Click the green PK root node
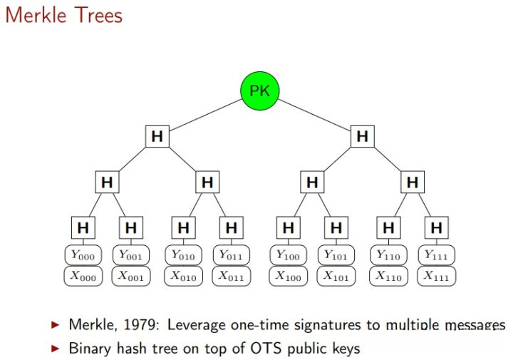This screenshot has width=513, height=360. [259, 91]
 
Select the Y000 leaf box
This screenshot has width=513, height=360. [84, 255]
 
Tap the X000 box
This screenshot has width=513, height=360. [84, 276]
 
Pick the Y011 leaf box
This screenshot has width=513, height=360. [232, 255]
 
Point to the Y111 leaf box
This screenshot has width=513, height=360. [436, 255]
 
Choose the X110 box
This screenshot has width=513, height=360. [389, 276]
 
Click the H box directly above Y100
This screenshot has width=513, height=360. [288, 228]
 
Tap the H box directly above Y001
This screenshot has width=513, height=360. [130, 228]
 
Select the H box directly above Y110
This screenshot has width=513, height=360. [388, 228]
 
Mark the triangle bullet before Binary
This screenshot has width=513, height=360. [56, 349]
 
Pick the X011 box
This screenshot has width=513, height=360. [232, 276]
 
